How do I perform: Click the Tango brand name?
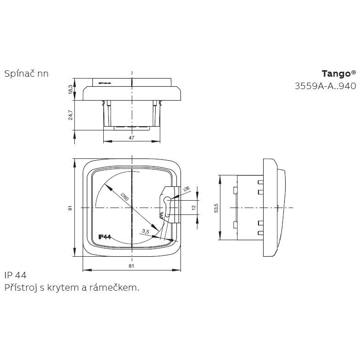336,74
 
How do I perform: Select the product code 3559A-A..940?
325,86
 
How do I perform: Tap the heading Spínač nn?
27,73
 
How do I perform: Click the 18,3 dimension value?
71,89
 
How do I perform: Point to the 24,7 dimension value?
71,115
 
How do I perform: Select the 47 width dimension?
131,138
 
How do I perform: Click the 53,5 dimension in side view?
216,208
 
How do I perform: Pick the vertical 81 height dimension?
70,208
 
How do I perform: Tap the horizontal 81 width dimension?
131,266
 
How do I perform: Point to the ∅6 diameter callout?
186,189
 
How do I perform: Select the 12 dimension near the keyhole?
194,208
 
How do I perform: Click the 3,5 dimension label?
146,231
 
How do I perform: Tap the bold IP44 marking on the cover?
105,237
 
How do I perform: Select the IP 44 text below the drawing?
16,275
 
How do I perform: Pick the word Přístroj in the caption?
21,288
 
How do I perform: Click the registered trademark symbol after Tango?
354,73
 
